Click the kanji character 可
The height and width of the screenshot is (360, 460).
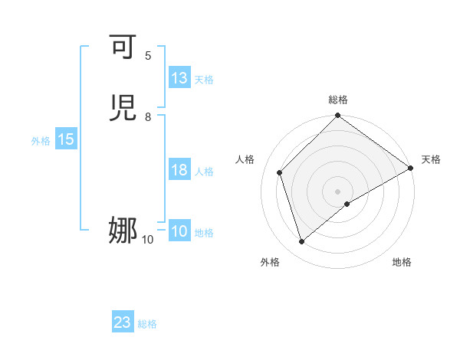tap(123, 48)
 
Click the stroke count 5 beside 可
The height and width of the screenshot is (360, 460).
tap(148, 56)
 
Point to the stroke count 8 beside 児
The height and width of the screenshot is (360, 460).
tap(148, 117)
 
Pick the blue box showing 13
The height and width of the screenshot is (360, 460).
tap(179, 78)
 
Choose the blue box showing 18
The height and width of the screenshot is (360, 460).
tap(179, 170)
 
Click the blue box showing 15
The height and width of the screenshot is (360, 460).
tap(66, 139)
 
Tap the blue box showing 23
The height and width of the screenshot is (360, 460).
tap(123, 322)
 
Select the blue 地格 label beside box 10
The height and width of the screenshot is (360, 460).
tap(204, 233)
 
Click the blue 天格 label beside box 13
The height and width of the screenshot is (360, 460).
tap(204, 80)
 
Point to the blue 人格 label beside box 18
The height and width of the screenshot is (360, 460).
tap(204, 172)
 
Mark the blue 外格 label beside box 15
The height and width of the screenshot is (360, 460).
tap(41, 141)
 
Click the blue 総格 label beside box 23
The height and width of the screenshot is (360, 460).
tap(147, 324)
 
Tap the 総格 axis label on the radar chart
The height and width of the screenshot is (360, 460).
tap(338, 100)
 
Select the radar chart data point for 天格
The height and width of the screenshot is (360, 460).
tap(410, 168)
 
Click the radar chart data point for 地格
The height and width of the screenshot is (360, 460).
tap(347, 204)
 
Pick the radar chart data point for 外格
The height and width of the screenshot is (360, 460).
tap(301, 242)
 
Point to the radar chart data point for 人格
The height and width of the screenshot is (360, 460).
tap(280, 172)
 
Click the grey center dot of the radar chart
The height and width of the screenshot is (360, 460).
tap(338, 191)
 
